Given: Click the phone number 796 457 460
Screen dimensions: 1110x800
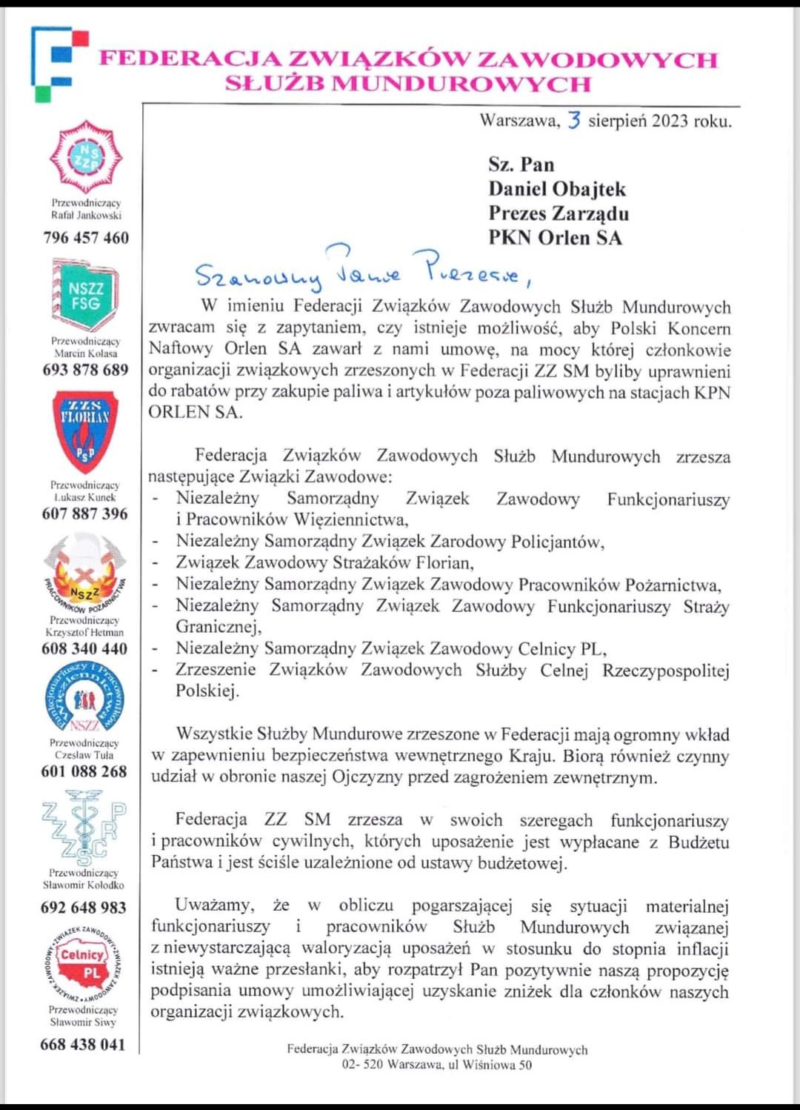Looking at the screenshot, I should coord(86,238).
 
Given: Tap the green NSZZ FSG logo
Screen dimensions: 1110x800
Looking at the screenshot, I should coord(85,296).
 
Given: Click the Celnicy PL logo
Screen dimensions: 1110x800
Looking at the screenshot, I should coord(84,963).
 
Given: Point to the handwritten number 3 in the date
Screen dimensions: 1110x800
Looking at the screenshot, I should coord(574,120).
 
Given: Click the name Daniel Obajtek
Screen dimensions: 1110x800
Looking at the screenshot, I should coord(556,189).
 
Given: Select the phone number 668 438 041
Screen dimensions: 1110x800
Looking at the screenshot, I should coord(83,1045).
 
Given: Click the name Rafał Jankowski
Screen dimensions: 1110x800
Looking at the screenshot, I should coord(86,216).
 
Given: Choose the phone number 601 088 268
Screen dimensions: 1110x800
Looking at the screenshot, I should coord(84,771).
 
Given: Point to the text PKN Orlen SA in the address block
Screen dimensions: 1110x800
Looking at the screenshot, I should coord(555,238).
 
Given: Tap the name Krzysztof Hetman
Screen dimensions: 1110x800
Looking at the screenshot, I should coord(84,633).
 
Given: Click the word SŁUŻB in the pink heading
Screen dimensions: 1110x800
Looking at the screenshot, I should coord(274,84).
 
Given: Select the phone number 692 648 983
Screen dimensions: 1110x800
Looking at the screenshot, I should coord(84,908).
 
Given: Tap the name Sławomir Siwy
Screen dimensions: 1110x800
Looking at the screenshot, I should coord(83,1023).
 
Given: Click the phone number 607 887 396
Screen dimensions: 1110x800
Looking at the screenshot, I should coord(84,514).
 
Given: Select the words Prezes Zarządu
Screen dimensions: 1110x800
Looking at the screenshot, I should coord(559,213).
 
